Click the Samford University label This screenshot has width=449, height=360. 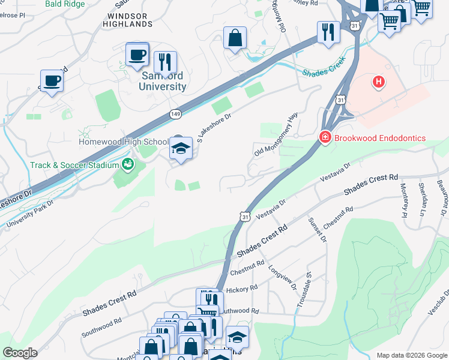click(163, 82)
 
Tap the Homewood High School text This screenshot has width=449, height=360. click(124, 142)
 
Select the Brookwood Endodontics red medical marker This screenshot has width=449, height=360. click(325, 138)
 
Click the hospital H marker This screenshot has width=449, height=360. click(378, 82)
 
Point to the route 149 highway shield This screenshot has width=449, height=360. click(175, 112)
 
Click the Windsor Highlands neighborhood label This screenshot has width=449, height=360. click(130, 19)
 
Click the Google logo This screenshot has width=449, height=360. click(20, 353)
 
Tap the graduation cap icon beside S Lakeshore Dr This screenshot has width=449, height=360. click(180, 148)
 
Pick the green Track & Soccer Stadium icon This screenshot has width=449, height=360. click(127, 164)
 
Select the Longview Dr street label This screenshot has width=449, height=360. click(283, 277)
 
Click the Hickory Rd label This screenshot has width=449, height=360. click(243, 289)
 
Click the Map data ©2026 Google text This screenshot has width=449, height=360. click(411, 355)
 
